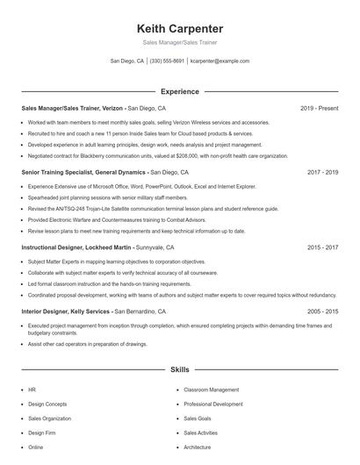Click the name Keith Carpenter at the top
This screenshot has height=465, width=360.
(x=179, y=28)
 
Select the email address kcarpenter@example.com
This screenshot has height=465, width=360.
(x=220, y=61)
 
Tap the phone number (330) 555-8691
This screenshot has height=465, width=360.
(x=167, y=61)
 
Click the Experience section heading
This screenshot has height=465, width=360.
(x=179, y=91)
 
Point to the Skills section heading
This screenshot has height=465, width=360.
(x=179, y=370)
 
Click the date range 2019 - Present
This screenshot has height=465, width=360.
(x=319, y=108)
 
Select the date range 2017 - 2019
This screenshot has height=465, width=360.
(x=322, y=173)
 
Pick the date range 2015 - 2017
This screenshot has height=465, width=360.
(x=322, y=247)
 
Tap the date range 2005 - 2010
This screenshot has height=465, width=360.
(x=322, y=311)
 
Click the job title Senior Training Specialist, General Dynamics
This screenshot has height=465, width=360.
(x=83, y=173)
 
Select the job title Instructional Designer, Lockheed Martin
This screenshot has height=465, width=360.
(x=77, y=247)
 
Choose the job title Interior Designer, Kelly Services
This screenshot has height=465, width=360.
(x=66, y=311)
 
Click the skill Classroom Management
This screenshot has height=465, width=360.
(x=211, y=390)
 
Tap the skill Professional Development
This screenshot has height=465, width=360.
(x=213, y=404)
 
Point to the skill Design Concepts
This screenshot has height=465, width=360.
(x=47, y=404)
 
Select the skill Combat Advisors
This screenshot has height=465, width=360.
(x=204, y=447)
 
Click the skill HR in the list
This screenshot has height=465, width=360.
(x=32, y=390)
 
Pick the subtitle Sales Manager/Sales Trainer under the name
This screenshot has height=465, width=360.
(x=179, y=42)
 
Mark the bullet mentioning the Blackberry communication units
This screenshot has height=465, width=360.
(x=145, y=155)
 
